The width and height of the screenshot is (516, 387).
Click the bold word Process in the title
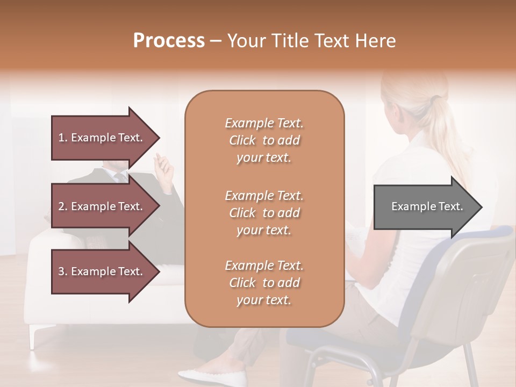click(169, 40)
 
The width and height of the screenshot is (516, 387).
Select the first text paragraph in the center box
click(264, 140)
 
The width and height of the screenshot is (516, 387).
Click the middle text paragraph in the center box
click(264, 213)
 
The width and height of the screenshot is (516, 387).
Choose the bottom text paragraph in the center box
click(264, 283)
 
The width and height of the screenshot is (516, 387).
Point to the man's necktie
click(121, 177)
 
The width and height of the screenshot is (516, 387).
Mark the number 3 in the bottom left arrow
click(61, 271)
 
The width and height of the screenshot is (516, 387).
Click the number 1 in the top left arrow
click(61, 138)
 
